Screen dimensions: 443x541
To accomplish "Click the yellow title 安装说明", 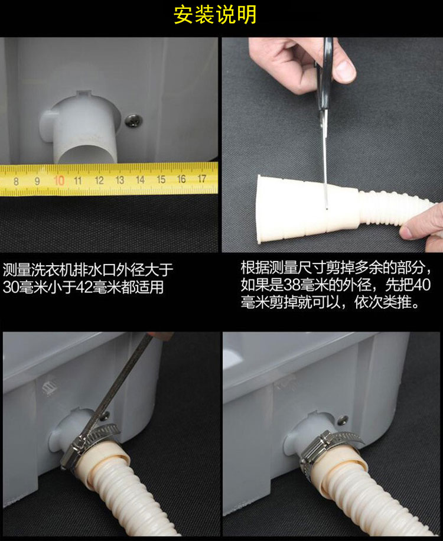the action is pyautogui.click(x=215, y=15).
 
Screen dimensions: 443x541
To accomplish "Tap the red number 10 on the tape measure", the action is pyautogui.click(x=59, y=181).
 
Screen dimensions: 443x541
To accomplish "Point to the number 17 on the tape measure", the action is pyautogui.click(x=202, y=179).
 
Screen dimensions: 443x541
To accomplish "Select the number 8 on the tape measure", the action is pyautogui.click(x=16, y=181).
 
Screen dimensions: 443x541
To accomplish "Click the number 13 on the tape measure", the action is pyautogui.click(x=119, y=180).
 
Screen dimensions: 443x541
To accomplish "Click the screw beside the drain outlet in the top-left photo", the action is pyautogui.click(x=133, y=120).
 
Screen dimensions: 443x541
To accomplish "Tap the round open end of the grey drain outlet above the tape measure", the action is pyautogui.click(x=86, y=154).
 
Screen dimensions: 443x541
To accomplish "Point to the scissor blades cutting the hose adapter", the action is pyautogui.click(x=324, y=159).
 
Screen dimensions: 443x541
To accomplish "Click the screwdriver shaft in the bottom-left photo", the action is pyautogui.click(x=118, y=383).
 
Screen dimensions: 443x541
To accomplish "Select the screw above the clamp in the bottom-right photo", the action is pyautogui.click(x=343, y=420).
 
